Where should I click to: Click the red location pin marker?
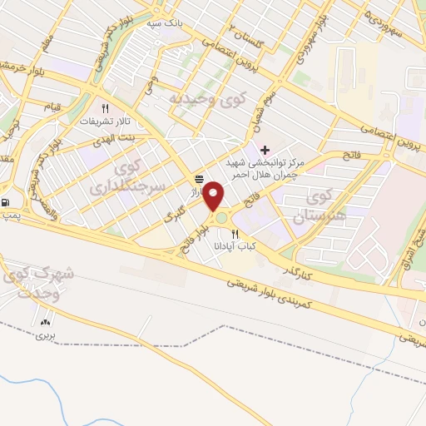point(215,196)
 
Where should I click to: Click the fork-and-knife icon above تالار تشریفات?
point(106,108)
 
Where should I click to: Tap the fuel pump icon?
point(7,201)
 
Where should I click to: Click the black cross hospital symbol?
point(265,150)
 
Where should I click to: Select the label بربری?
point(43,336)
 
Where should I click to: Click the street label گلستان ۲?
point(223,32)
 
